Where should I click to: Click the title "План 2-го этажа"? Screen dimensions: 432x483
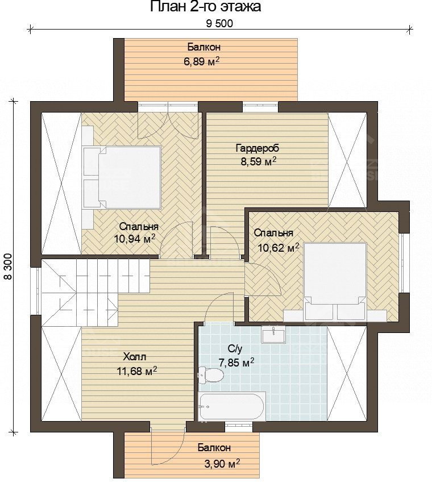pos(206,7)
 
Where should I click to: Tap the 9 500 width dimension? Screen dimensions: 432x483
pos(219,23)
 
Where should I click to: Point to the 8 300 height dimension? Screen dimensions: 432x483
pos(8,266)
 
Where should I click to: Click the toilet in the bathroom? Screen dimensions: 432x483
pos(211,375)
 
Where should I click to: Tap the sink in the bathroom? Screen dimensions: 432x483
pos(273,335)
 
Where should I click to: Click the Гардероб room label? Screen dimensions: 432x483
pos(257,148)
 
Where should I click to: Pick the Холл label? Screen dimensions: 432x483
pos(134,357)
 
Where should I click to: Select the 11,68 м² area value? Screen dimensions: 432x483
pos(137,370)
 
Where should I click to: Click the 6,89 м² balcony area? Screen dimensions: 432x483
pos(202,61)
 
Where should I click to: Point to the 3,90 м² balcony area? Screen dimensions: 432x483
pos(222,462)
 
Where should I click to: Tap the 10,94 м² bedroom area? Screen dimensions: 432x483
pos(134,238)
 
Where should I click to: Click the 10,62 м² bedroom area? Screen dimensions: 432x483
pos(279,247)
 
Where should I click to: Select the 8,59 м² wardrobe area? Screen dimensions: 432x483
pos(258,162)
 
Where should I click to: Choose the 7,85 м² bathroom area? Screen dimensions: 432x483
pos(236,363)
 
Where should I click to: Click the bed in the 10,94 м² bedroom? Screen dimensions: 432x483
pos(122,177)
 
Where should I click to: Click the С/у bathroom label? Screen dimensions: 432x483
pos(235,349)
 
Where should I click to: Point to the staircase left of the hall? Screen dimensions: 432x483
pos(95,293)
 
